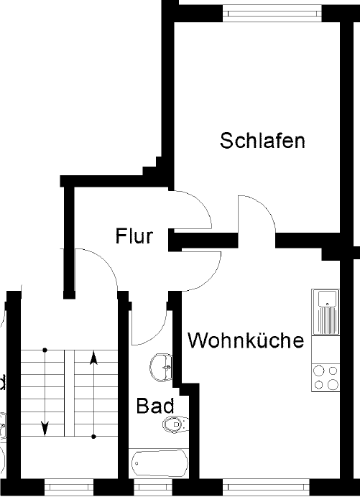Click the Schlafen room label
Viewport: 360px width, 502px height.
pos(262,140)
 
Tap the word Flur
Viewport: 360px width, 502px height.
pos(134,236)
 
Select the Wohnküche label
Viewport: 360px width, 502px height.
pos(246,340)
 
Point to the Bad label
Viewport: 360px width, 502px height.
pos(155,406)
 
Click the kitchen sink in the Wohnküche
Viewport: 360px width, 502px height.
pos(326,312)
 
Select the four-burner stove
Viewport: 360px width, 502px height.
pos(326,378)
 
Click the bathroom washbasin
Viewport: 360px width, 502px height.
pos(161,368)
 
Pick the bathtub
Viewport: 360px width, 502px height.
pos(160,463)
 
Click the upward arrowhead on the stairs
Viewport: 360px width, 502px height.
pos(93,358)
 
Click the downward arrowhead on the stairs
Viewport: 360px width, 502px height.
pos(45,429)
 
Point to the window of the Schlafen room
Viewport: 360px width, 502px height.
pos(272,14)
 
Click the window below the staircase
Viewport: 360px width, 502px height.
pos(68,488)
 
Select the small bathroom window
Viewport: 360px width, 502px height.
pos(153,488)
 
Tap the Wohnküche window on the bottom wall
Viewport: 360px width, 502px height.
pos(266,488)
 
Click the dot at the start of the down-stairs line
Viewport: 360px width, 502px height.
pos(45,350)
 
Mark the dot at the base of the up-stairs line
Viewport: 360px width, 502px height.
pos(93,437)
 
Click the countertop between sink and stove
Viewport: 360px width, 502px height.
pos(326,349)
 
